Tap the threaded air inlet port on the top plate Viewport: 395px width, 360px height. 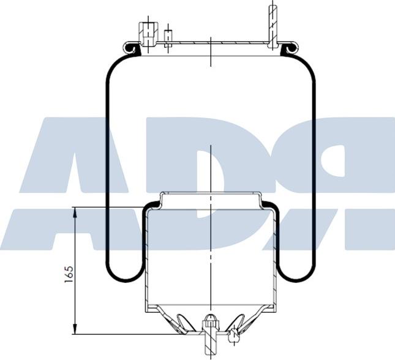(x=146, y=32)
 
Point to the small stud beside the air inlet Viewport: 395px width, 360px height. (x=168, y=38)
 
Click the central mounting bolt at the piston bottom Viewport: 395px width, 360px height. (x=210, y=331)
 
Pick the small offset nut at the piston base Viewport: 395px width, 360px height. (x=233, y=335)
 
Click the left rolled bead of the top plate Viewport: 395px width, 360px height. (x=130, y=47)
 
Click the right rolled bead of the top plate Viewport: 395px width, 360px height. (x=289, y=47)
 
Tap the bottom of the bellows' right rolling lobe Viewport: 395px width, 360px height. (x=295, y=279)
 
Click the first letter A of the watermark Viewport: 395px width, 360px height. (x=73, y=184)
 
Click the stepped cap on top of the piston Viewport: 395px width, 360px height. (x=210, y=197)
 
